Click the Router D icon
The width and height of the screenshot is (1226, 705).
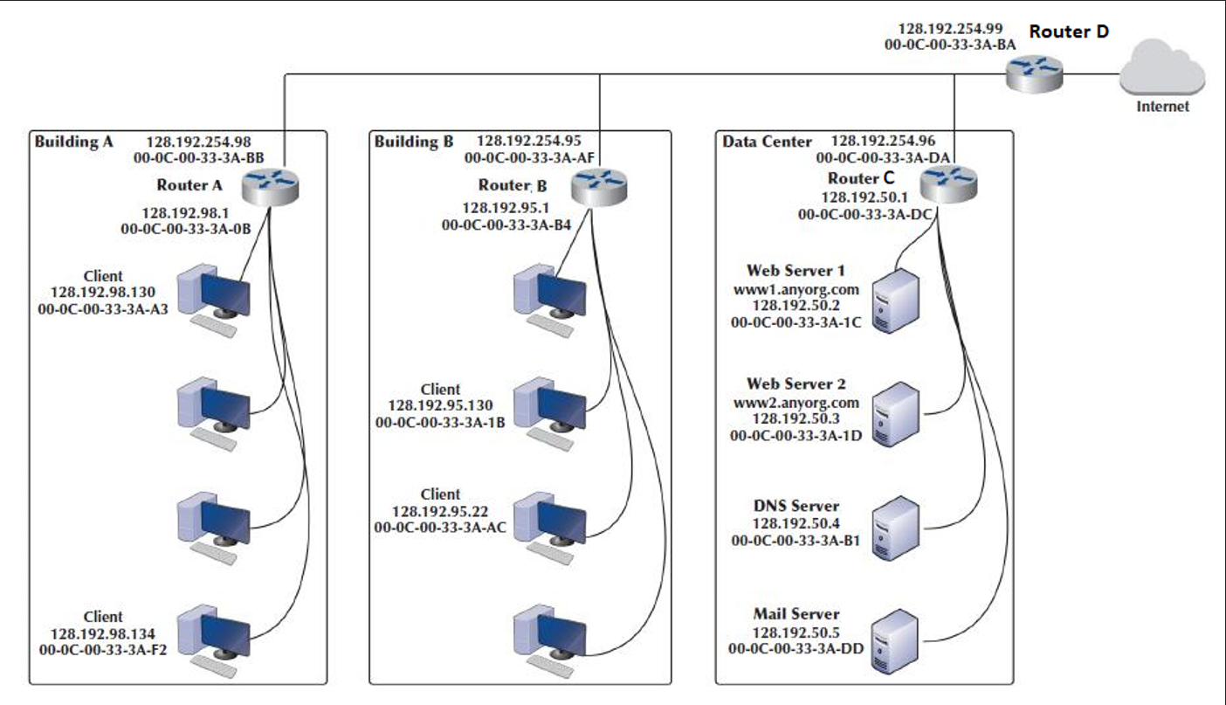pyautogui.click(x=1034, y=73)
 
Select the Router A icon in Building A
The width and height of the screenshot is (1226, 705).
pyautogui.click(x=271, y=187)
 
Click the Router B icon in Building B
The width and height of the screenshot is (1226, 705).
pyautogui.click(x=600, y=187)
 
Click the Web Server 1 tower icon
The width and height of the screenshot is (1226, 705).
pyautogui.click(x=897, y=301)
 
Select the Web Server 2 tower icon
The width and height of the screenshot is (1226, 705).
pyautogui.click(x=897, y=413)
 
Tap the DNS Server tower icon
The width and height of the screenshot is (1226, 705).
pyautogui.click(x=897, y=527)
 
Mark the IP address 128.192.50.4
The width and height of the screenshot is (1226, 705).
pyautogui.click(x=796, y=523)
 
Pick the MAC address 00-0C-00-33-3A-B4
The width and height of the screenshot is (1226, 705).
pyautogui.click(x=506, y=225)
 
